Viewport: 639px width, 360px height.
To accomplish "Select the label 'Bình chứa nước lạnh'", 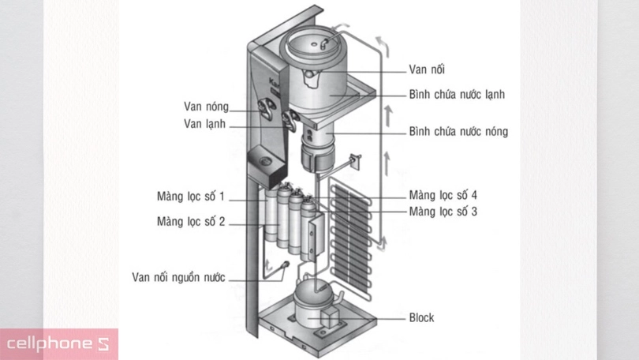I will point(457,94).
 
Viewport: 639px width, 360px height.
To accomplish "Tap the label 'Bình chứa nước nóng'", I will point(458,131).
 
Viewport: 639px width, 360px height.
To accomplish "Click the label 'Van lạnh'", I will point(205,123).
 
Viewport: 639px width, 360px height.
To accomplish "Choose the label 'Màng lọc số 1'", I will point(191,196).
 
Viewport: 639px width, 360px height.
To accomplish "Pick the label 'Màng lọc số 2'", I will point(191,222).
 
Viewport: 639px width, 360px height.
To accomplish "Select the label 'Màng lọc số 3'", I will point(443,211).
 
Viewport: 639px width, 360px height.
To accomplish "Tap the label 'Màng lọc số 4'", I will point(443,195).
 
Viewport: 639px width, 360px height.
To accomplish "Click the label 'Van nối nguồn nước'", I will point(178,277).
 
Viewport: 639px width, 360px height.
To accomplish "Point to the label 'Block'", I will point(421,318).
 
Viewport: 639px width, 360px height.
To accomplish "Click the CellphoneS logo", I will point(59,344).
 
